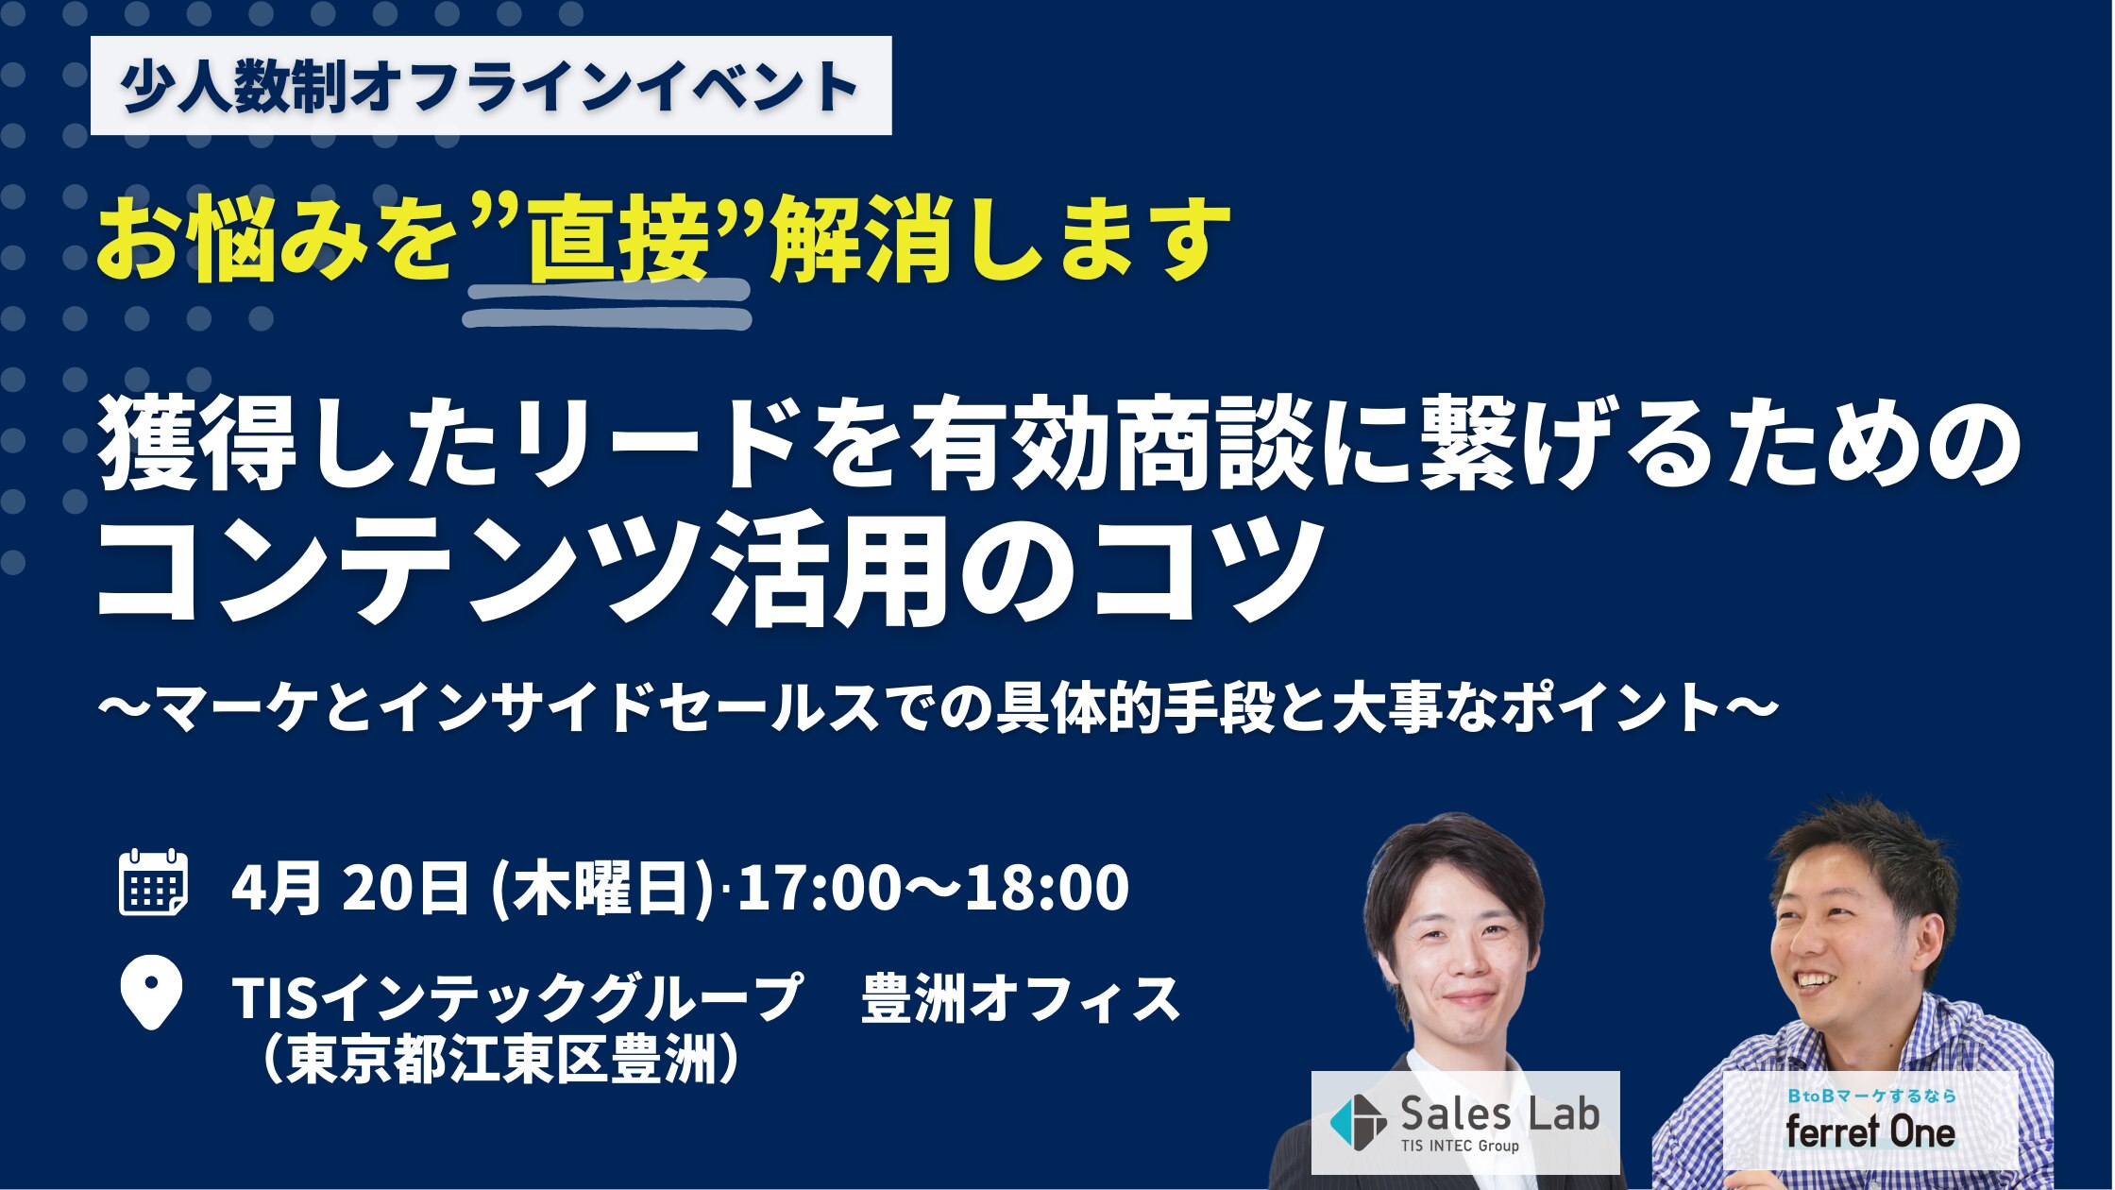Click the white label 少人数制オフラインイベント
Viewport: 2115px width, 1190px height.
[x=491, y=85]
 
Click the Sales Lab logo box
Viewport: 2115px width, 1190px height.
[x=1465, y=1123]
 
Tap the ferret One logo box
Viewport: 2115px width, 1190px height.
[x=1870, y=1121]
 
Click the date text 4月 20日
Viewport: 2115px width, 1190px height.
[x=350, y=888]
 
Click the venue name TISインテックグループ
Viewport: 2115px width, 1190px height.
[x=516, y=999]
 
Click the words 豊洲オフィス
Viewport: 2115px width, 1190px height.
[x=1022, y=999]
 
